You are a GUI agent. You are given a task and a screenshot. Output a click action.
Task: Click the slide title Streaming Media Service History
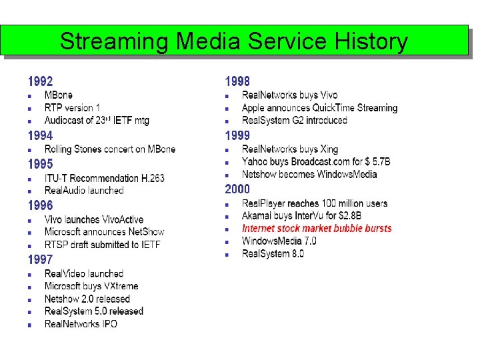coord(233,41)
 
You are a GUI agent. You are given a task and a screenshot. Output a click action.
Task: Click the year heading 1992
coord(40,82)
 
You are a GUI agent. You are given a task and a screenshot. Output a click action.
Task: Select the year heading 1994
coord(40,135)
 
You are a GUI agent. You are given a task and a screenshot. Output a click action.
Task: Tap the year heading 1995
coord(40,163)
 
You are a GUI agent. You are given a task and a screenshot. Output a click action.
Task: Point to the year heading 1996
coord(40,205)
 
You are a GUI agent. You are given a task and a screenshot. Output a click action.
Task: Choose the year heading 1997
coord(40,259)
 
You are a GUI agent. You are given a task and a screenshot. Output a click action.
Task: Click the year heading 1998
coord(237,82)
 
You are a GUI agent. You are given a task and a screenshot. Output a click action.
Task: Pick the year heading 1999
coord(237,135)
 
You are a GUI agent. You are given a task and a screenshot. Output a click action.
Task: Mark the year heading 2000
coord(237,189)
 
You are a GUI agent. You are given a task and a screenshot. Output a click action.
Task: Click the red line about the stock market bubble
coord(317,229)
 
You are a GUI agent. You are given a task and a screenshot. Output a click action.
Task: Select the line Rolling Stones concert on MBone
coord(110,149)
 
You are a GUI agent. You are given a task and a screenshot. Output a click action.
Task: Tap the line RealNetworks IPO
coord(81,324)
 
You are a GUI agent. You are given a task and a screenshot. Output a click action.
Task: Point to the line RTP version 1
coord(73,108)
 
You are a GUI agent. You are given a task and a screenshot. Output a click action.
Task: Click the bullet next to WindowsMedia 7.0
coord(227,241)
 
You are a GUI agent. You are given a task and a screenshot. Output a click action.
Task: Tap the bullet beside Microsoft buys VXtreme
coord(30,287)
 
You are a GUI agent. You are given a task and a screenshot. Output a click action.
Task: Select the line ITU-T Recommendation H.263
coord(104,178)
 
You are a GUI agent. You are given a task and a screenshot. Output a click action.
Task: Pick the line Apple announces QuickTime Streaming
coord(319,108)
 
